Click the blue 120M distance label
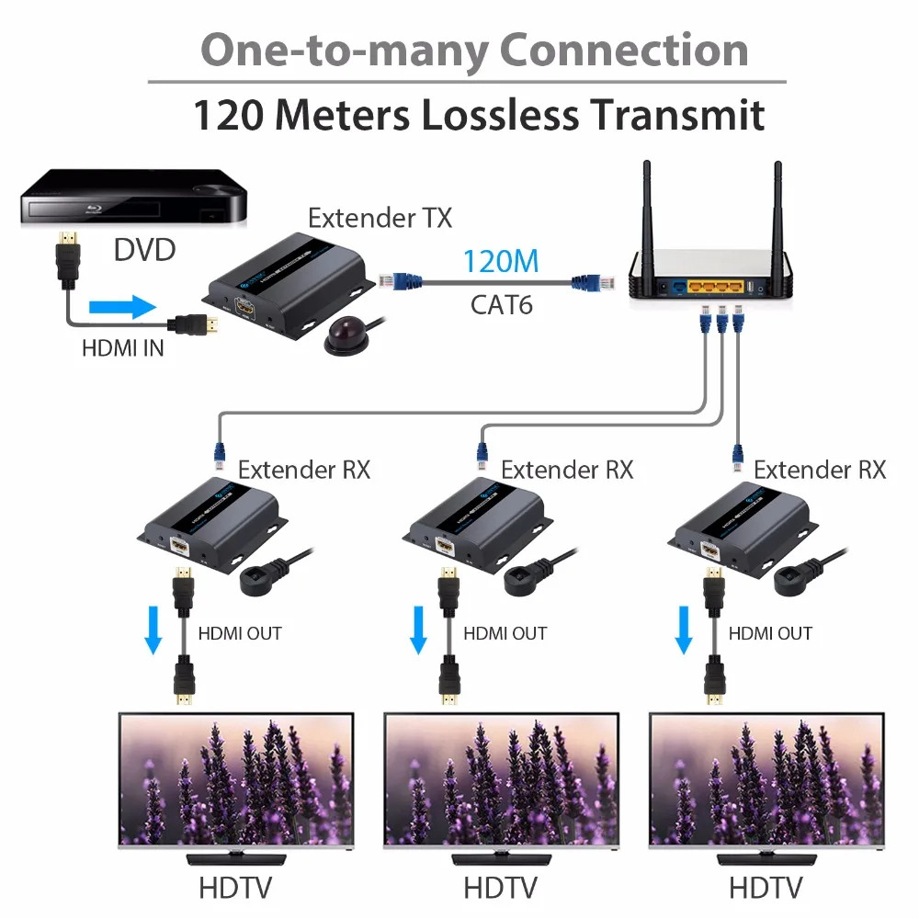501,261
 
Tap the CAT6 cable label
501,305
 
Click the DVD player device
133,198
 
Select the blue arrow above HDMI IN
123,307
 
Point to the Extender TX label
380,218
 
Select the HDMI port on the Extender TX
245,308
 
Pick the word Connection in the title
624,50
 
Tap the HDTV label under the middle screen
500,888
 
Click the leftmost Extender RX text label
303,470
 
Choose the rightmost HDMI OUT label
770,633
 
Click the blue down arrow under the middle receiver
418,630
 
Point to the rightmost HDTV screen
766,780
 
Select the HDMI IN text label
122,348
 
